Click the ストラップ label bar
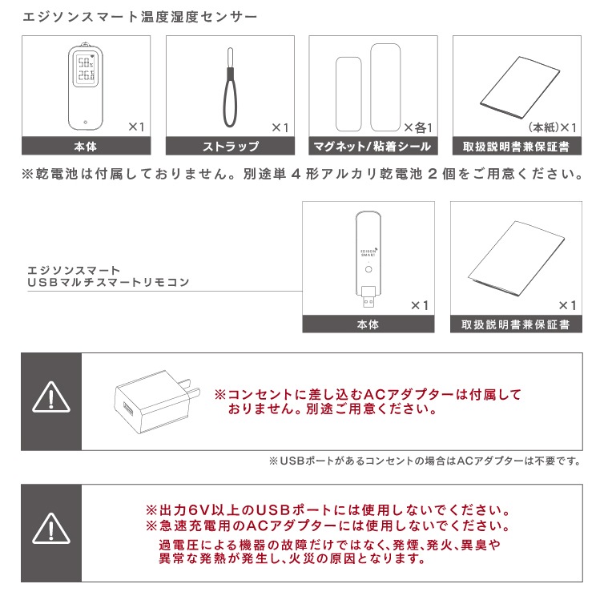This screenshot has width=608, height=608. point(230,147)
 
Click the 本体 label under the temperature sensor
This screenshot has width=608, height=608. point(87,147)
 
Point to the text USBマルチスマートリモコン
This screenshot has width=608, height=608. point(108,283)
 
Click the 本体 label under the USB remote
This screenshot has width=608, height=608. point(368,324)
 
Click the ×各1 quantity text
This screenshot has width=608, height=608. point(418,127)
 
